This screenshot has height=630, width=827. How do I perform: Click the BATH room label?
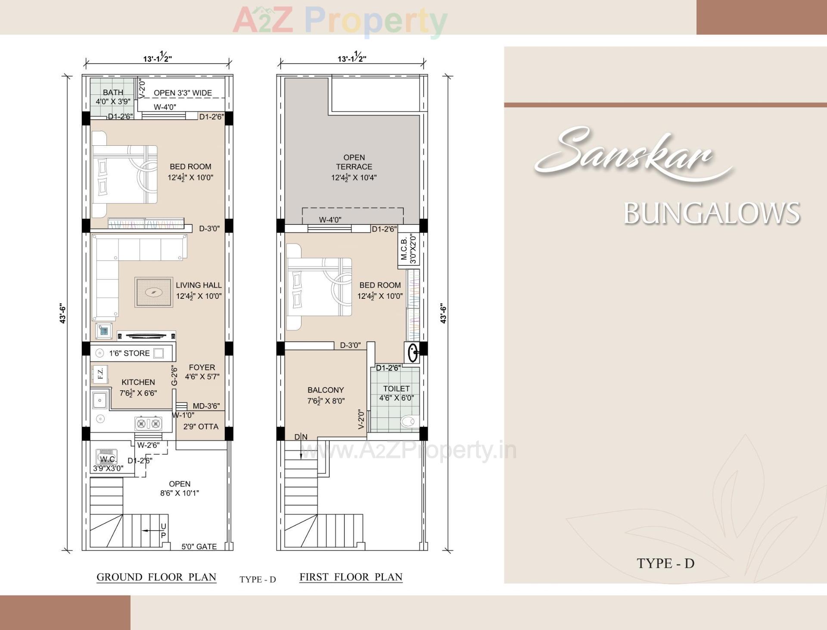(x=113, y=92)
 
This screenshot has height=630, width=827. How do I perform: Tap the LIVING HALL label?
(x=199, y=285)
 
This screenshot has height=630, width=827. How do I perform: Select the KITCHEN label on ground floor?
(x=138, y=382)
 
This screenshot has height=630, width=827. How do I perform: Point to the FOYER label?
(x=202, y=367)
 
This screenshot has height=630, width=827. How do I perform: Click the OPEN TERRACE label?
(x=354, y=162)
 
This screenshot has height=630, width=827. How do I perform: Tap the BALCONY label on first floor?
(x=326, y=390)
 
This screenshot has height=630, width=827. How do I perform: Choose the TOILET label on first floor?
(x=396, y=389)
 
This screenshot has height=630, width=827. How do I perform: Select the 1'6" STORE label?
(x=129, y=353)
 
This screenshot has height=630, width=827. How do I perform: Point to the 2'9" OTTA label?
(x=201, y=426)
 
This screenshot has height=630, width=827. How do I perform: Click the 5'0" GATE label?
(x=199, y=546)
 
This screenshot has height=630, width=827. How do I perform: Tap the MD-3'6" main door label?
(x=206, y=406)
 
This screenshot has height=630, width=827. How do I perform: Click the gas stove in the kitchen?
(x=148, y=423)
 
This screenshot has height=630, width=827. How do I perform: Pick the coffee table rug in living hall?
(x=154, y=292)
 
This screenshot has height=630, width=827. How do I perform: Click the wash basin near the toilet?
(x=413, y=352)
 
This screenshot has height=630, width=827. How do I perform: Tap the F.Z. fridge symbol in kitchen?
(x=100, y=374)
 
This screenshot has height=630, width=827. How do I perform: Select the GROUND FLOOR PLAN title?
(x=156, y=577)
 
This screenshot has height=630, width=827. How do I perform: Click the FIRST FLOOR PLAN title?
(x=351, y=577)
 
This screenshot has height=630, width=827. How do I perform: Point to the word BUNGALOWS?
(x=712, y=213)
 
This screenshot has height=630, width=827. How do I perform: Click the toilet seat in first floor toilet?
(x=408, y=421)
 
